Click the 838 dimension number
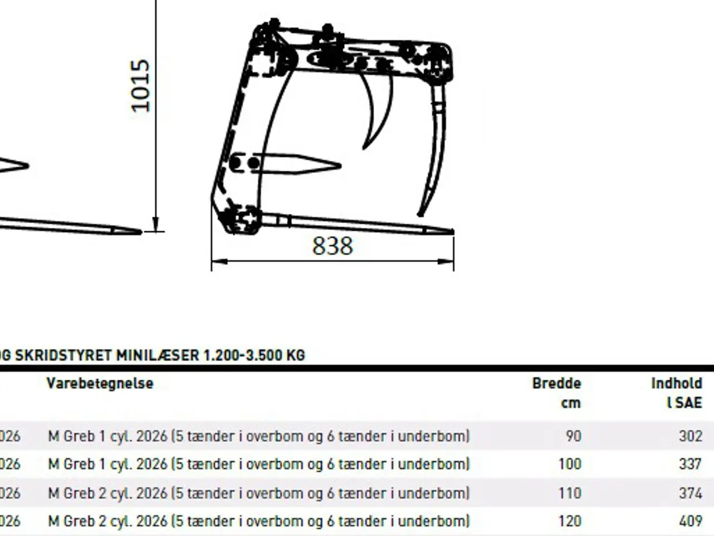pos(332,246)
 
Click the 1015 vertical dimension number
pos(140,86)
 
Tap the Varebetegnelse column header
pos(100,384)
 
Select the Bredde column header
pos(557,384)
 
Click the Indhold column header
pos(677,384)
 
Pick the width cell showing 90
pos(573,436)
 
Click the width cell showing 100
pos(570,464)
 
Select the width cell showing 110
pos(570,493)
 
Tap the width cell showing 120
pos(570,521)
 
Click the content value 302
pos(691,436)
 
